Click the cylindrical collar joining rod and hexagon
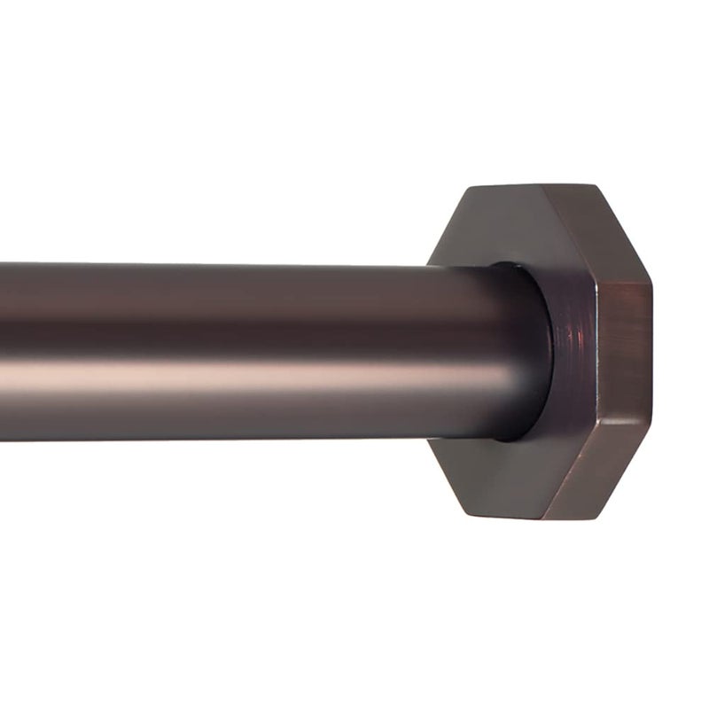[567, 350]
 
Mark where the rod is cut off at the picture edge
[3, 350]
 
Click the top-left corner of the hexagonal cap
[470, 187]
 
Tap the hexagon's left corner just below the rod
[430, 440]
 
